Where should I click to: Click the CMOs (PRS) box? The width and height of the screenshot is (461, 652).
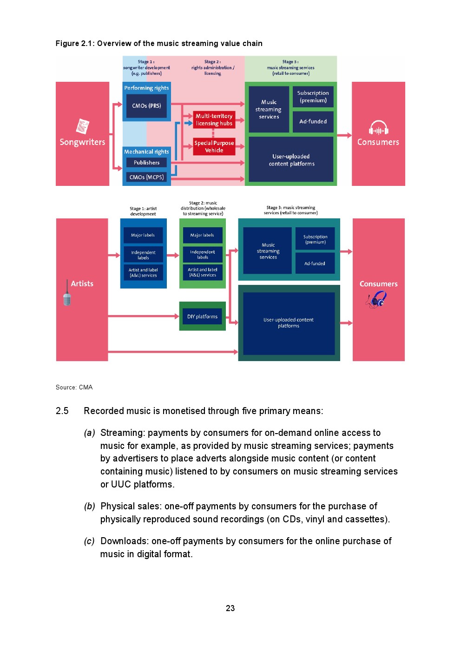point(146,106)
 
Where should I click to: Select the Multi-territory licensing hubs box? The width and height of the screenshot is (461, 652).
point(214,120)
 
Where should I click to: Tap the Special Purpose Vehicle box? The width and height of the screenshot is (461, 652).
point(214,147)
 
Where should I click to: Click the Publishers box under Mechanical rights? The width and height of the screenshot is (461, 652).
point(146,163)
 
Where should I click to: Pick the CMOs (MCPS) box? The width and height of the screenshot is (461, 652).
point(146,177)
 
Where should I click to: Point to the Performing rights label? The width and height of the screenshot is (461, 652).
point(146,88)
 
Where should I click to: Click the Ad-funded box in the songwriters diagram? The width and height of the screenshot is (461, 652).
point(313,122)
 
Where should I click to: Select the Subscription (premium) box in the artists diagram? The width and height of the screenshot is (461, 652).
point(315,239)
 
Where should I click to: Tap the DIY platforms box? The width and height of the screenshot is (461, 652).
point(202,316)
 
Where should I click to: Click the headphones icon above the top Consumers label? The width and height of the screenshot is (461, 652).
point(378,128)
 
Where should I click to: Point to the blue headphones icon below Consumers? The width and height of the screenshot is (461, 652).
point(377,299)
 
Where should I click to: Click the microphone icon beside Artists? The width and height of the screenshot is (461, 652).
point(67,293)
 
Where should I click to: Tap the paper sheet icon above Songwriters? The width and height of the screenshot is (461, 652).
point(83,126)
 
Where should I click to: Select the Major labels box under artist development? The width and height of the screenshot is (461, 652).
point(143,235)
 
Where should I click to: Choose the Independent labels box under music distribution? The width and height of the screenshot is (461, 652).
point(202,255)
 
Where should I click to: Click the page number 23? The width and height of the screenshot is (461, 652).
point(230,608)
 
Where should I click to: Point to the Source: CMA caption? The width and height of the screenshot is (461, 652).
point(74,388)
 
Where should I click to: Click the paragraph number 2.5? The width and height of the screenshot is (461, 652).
point(62,411)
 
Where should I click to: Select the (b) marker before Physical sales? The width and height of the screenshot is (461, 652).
point(89,507)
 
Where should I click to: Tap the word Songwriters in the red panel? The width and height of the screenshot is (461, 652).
point(82,142)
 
